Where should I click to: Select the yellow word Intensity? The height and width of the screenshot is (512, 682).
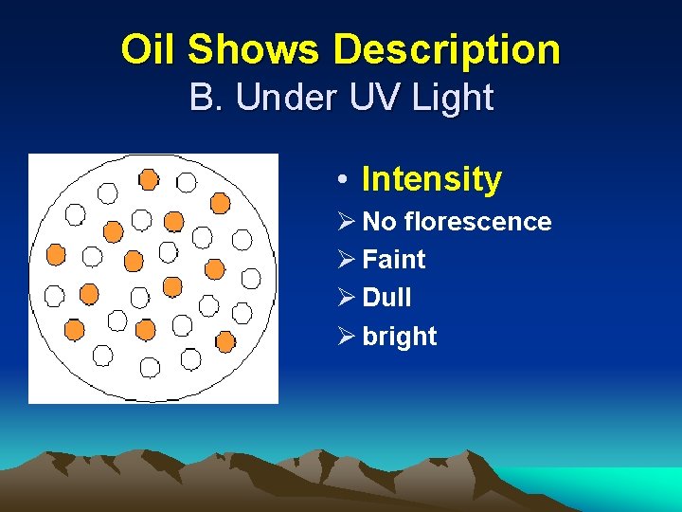pyautogui.click(x=432, y=178)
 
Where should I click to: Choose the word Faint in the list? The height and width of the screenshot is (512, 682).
pyautogui.click(x=394, y=260)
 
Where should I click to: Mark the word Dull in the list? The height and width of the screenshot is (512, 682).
pyautogui.click(x=386, y=298)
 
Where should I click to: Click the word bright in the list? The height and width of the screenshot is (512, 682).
pyautogui.click(x=400, y=337)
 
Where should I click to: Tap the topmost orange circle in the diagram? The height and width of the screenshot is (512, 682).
pyautogui.click(x=149, y=179)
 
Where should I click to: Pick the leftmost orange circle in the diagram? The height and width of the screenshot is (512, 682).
pyautogui.click(x=56, y=254)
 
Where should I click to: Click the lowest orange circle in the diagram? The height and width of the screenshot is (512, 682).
pyautogui.click(x=225, y=340)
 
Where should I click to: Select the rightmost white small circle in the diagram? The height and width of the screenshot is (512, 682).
pyautogui.click(x=251, y=278)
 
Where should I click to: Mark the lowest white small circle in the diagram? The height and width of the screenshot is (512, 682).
pyautogui.click(x=150, y=366)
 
